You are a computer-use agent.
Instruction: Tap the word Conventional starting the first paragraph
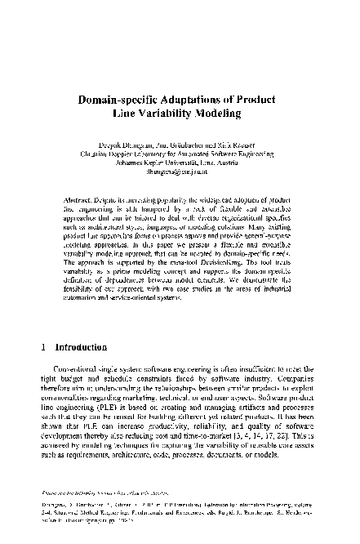78,371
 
